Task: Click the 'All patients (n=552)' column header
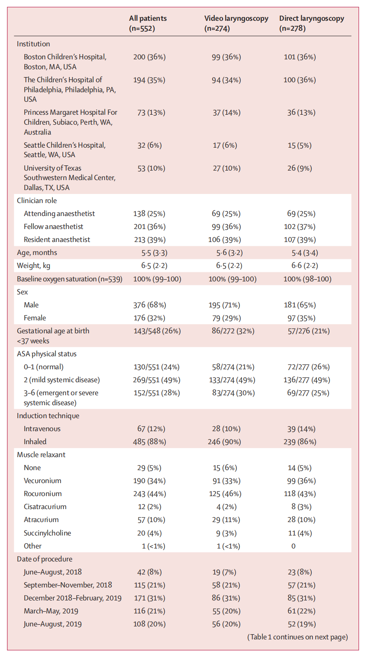[148, 23]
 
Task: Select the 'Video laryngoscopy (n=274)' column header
[236, 23]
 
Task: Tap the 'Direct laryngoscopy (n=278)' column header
[311, 23]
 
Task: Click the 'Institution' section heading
[33, 44]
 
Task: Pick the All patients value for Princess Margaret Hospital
[151, 113]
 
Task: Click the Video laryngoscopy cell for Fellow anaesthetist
[226, 227]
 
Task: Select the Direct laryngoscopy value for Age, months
[305, 253]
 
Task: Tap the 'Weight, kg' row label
[33, 266]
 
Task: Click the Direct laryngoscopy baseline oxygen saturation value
[307, 279]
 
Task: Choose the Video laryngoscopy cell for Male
[224, 305]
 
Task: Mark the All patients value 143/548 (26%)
[157, 331]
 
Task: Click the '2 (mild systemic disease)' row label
[62, 380]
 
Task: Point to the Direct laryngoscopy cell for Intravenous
[301, 429]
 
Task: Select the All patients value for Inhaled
[149, 442]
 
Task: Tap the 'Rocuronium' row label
[42, 494]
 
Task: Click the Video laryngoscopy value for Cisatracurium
[226, 507]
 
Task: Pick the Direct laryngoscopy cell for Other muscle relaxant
[293, 546]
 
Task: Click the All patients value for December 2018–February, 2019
[149, 598]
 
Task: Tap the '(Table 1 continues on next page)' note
[297, 637]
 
